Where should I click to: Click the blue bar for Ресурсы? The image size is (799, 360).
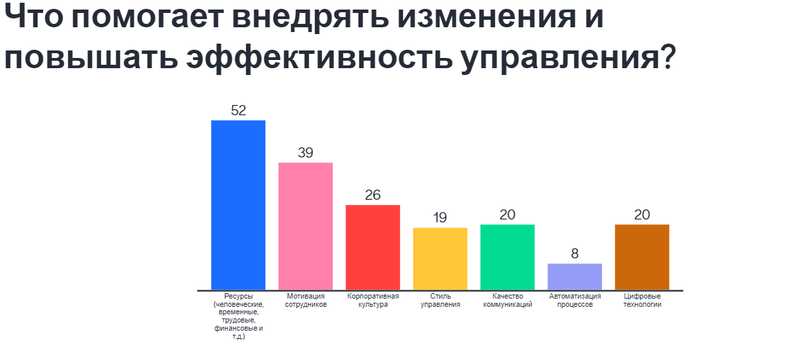click(238, 205)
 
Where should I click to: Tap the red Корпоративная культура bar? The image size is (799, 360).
click(373, 247)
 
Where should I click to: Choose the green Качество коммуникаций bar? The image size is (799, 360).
click(507, 257)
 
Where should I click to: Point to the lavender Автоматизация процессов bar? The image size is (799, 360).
click(575, 277)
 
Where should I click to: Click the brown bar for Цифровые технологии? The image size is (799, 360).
click(642, 257)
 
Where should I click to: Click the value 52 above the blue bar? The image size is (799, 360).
click(238, 110)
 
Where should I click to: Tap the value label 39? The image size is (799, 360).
click(305, 153)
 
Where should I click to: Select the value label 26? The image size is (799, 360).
click(373, 195)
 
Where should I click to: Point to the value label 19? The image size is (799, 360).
click(440, 218)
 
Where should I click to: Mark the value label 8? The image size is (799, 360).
click(575, 254)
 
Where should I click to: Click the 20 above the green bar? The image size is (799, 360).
click(507, 215)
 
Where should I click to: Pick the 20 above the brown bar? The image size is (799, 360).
click(642, 215)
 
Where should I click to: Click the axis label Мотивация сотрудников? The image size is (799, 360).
click(305, 301)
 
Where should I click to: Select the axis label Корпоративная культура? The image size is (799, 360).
click(373, 301)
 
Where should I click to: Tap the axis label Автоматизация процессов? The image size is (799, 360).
click(575, 301)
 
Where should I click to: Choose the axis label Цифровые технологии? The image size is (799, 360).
click(642, 301)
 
